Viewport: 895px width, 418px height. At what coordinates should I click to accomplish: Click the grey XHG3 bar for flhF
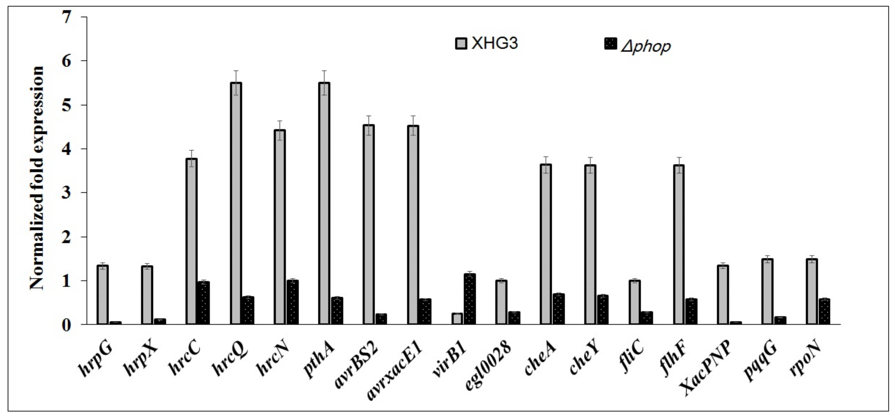(x=679, y=245)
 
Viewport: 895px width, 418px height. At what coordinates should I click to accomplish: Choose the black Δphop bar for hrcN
(x=293, y=302)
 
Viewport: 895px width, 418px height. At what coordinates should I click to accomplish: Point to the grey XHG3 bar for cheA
(x=546, y=244)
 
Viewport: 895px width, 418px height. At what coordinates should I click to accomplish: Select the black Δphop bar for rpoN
(x=824, y=312)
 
